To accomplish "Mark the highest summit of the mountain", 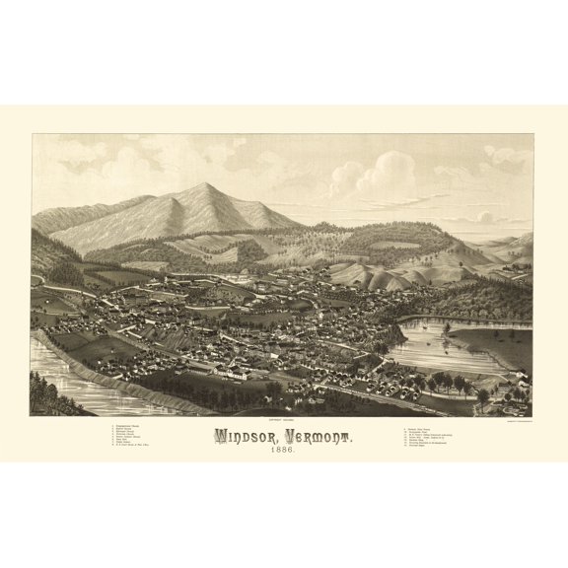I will pos(208,184).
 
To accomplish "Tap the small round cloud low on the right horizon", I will pos(484,216).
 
